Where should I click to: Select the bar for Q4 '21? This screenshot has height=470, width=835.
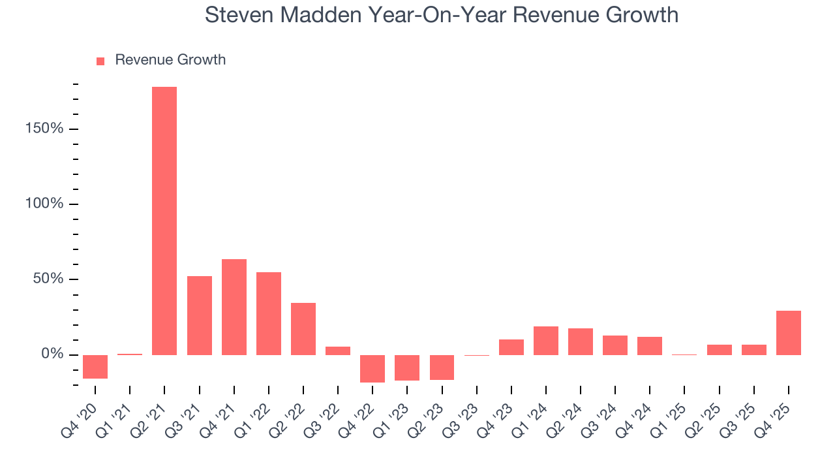point(234,307)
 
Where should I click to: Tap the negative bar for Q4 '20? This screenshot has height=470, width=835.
point(95,366)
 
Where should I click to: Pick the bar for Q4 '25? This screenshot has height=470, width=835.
point(788,332)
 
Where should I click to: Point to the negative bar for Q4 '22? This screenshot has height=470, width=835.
point(372,368)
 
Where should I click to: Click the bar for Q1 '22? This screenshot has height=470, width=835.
point(268,313)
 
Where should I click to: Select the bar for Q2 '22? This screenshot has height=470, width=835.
point(303,328)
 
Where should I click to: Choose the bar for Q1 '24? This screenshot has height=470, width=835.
point(545,340)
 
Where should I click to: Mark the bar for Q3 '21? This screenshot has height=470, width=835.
point(199,315)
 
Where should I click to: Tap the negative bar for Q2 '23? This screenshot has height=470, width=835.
point(442,367)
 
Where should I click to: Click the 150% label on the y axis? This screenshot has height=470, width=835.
point(45,129)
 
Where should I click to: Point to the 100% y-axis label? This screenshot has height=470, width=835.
point(45,204)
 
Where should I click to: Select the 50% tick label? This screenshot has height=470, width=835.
point(48,279)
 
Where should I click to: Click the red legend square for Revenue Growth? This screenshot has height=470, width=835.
point(100,61)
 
